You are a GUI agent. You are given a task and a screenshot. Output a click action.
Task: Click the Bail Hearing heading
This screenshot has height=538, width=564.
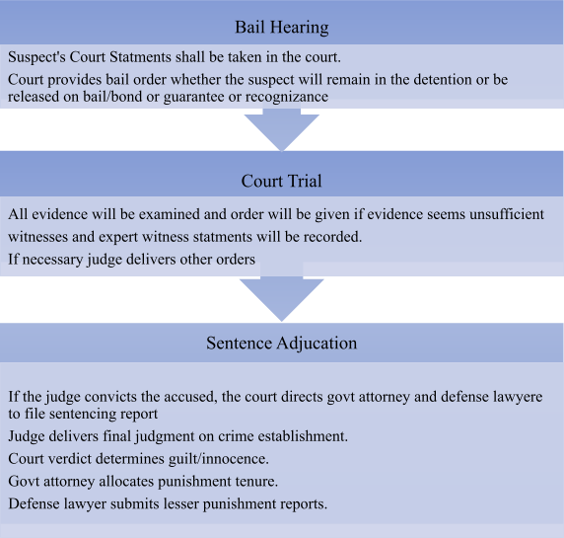[282, 28]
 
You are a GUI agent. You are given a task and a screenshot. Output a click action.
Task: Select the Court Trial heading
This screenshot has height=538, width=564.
[281, 181]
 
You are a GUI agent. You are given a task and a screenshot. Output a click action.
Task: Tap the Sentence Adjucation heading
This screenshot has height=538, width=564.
[282, 344]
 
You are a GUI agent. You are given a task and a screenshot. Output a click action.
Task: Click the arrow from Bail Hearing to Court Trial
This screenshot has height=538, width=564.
[282, 129]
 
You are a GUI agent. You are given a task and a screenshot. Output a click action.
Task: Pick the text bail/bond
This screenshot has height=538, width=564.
[112, 97]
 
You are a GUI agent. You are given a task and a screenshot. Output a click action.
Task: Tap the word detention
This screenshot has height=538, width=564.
[443, 80]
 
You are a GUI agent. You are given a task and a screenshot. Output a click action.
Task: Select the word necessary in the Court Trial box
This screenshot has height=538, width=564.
[52, 260]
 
